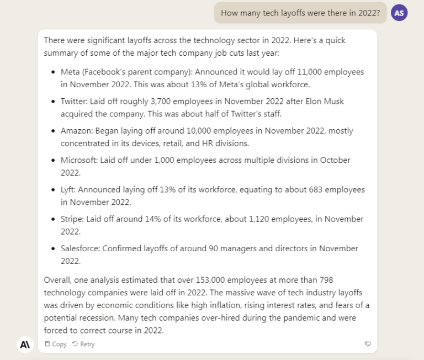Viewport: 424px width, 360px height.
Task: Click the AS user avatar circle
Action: tap(399, 12)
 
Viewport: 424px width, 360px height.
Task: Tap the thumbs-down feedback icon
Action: tap(368, 344)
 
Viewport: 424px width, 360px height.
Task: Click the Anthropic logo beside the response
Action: tap(25, 344)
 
